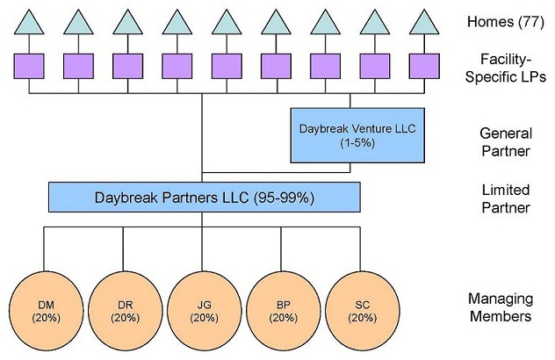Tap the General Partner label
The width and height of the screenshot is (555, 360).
[506, 142]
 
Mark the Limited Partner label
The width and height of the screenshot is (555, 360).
[506, 198]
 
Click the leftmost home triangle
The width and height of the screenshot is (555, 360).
[29, 24]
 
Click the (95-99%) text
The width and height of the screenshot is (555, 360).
[283, 197]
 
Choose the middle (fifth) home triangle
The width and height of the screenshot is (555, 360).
[227, 24]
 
